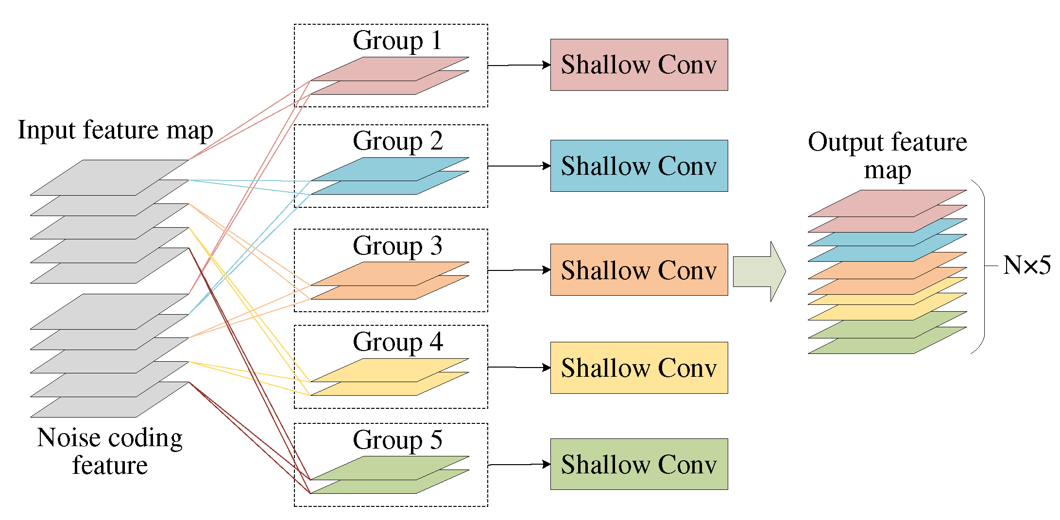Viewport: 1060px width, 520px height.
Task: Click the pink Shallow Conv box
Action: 638,65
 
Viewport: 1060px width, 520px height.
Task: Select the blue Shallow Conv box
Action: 638,166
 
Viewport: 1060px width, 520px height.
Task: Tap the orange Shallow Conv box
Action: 638,269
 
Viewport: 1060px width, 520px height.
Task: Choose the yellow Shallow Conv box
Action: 638,368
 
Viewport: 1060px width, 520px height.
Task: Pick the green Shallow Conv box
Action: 638,464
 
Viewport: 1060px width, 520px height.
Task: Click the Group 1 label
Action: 397,40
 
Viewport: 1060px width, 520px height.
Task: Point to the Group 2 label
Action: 397,141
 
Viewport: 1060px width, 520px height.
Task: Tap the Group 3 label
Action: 397,246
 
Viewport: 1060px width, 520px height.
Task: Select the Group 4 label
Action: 397,342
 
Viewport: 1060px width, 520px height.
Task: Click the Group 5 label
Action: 397,440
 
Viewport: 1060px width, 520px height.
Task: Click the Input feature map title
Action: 115,130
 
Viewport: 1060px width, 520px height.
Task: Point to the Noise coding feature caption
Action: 110,451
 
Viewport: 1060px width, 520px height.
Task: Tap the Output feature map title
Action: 887,155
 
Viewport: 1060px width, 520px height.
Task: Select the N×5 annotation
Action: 1026,266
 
